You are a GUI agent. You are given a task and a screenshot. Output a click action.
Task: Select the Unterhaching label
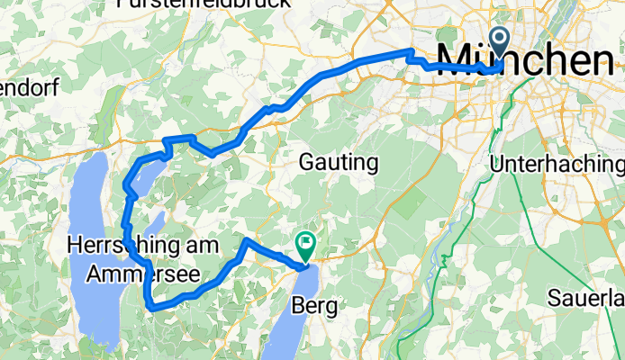[556, 165]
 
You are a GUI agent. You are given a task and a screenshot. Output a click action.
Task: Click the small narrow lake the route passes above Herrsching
[158, 220]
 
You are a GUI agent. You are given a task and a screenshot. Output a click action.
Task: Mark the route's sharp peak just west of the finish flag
[246, 241]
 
